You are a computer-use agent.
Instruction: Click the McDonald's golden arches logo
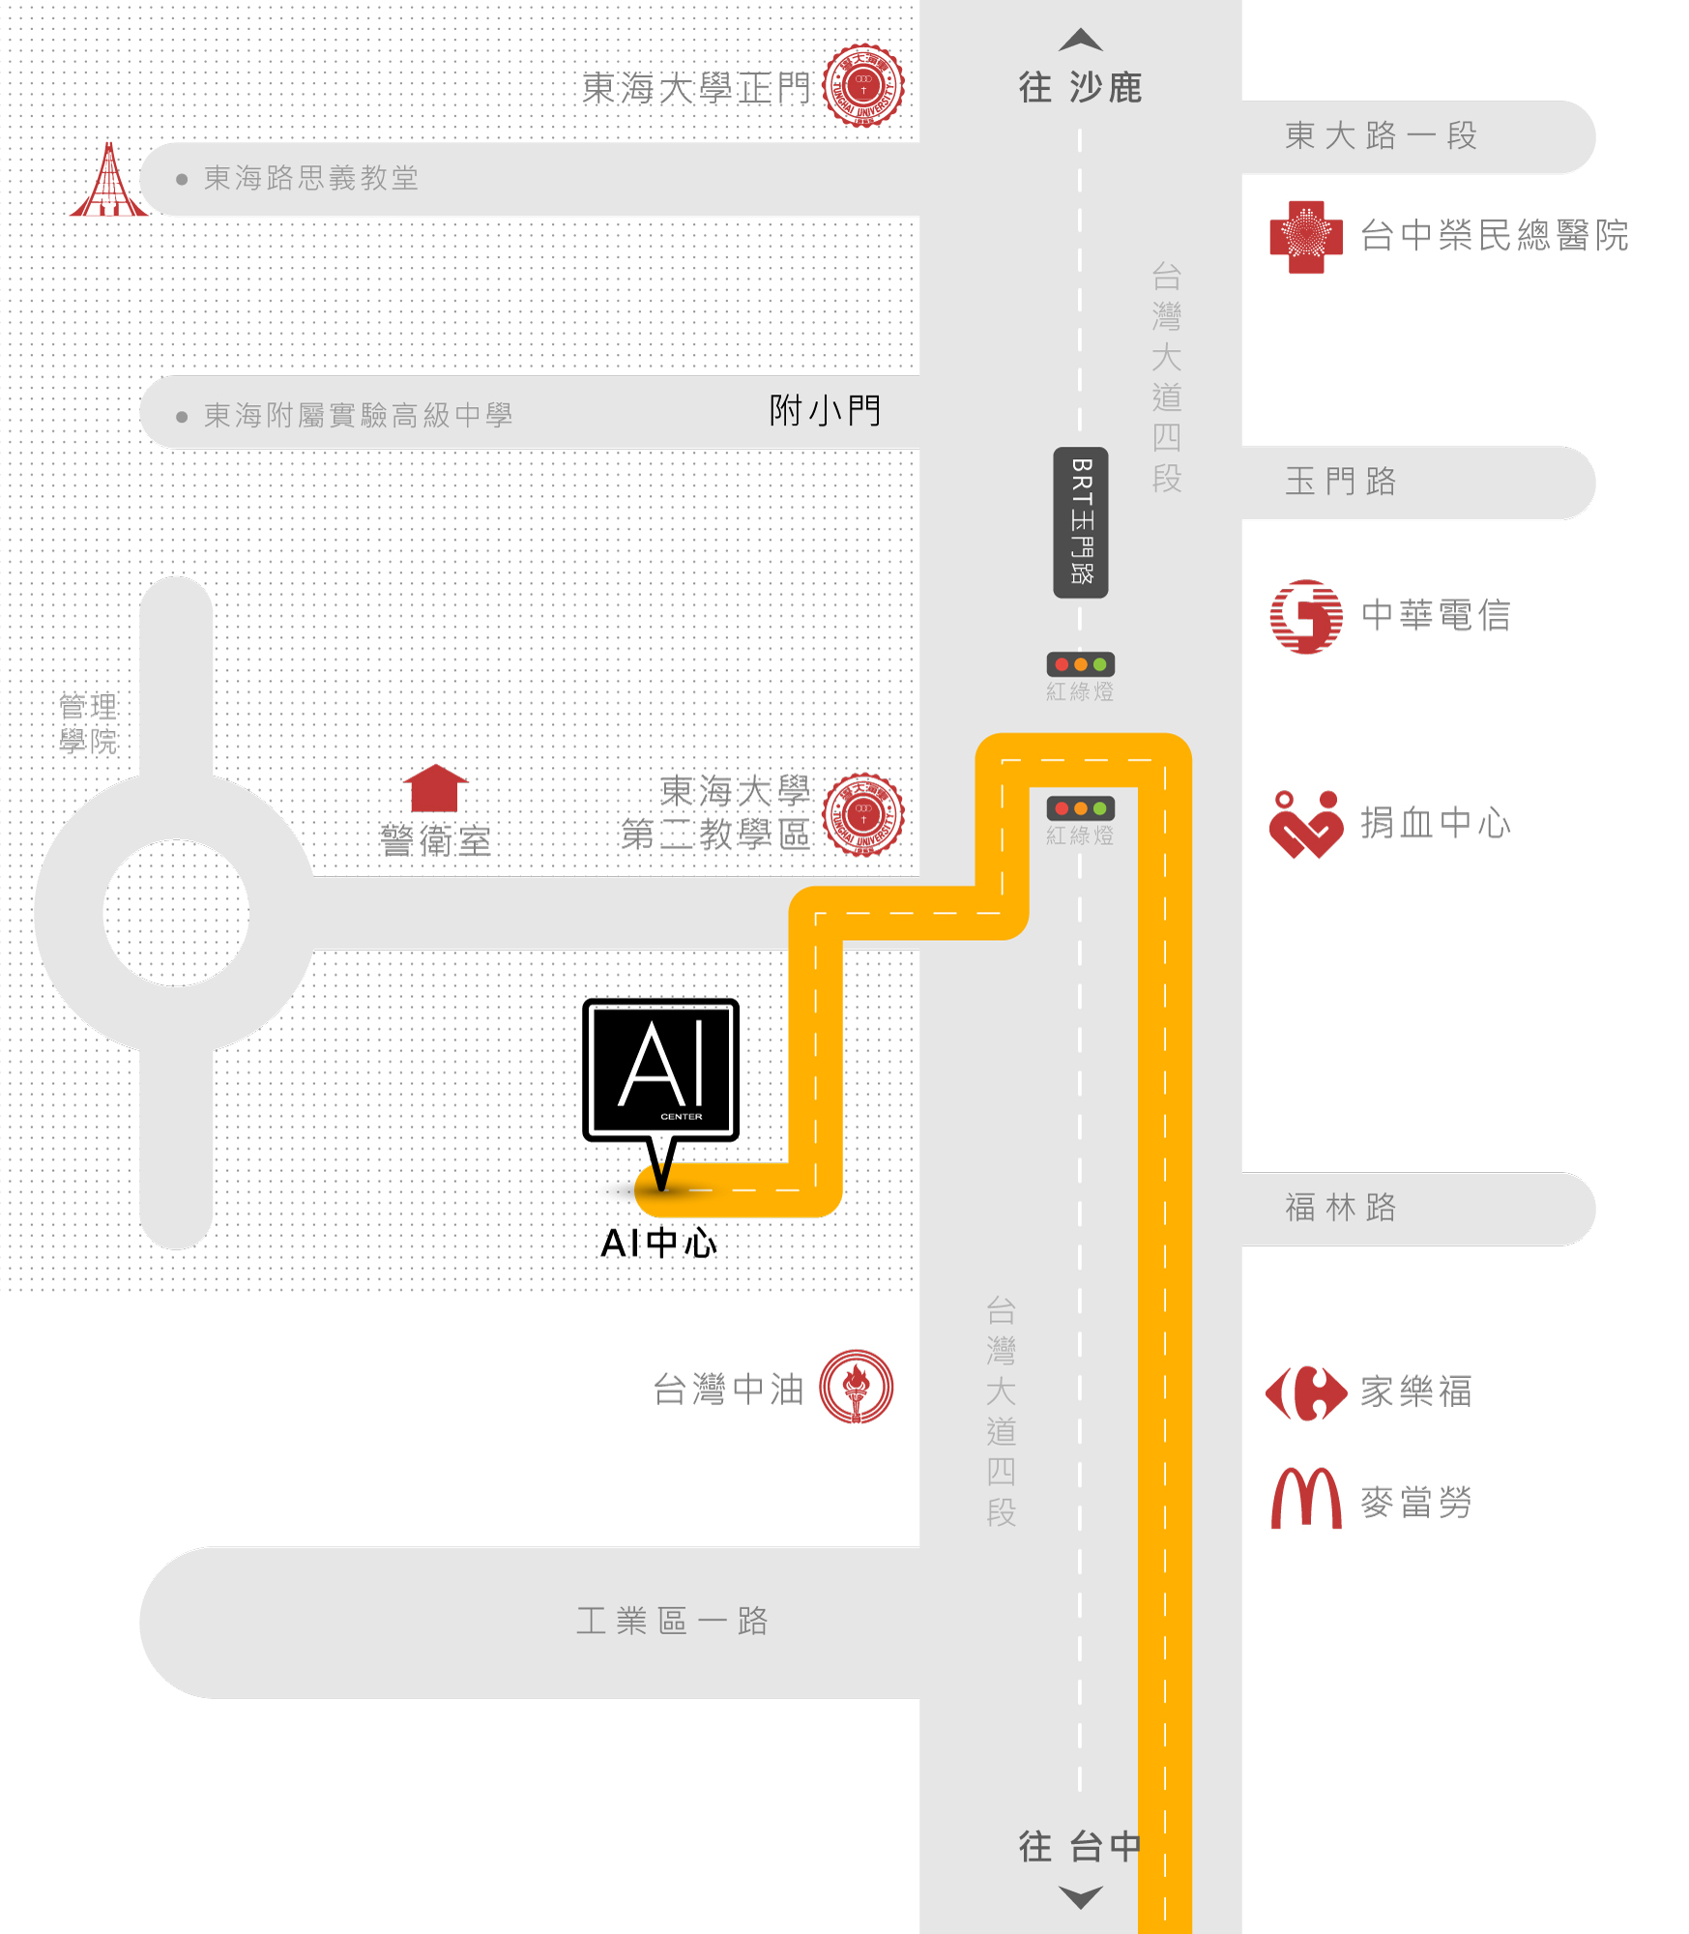[1306, 1498]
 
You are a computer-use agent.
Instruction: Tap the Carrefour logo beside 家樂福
[1306, 1393]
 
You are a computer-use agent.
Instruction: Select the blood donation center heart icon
[1306, 825]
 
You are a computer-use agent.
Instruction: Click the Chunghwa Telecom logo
[1306, 617]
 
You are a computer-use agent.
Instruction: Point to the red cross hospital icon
[1306, 237]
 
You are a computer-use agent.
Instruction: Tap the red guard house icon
[435, 788]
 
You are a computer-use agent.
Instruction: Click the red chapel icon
[109, 180]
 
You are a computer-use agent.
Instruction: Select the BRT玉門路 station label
[1081, 522]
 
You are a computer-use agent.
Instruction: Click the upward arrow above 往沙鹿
[1081, 40]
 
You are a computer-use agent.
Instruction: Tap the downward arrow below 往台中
[1081, 1897]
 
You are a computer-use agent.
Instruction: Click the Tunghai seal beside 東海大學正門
[863, 85]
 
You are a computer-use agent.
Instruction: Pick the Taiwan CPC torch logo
[857, 1387]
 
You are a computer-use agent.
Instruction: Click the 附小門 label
[826, 411]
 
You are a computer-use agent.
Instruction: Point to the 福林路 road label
[1341, 1208]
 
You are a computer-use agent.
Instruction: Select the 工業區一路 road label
[673, 1621]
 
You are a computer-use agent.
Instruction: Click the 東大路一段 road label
[1382, 135]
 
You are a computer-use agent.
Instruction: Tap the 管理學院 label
[88, 724]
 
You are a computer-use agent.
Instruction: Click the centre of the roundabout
[176, 913]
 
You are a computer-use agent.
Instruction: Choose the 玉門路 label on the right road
[1341, 482]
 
